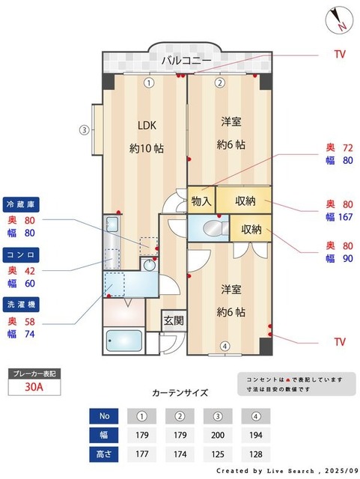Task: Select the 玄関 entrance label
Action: click(x=173, y=320)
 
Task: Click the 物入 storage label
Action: click(x=201, y=201)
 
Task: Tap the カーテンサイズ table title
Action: click(x=180, y=392)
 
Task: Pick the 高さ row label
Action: click(x=104, y=454)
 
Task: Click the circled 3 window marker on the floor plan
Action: click(x=85, y=129)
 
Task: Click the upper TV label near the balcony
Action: click(x=340, y=55)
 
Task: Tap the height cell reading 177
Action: click(x=141, y=454)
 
